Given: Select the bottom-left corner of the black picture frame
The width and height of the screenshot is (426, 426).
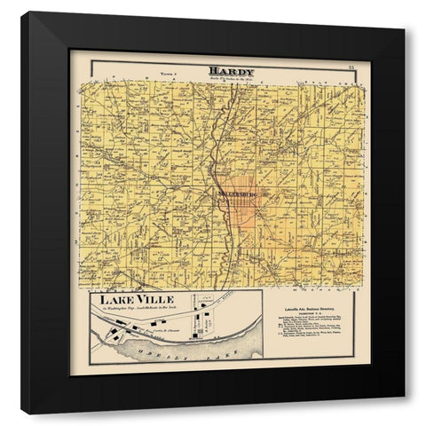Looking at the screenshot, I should (22, 414).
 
